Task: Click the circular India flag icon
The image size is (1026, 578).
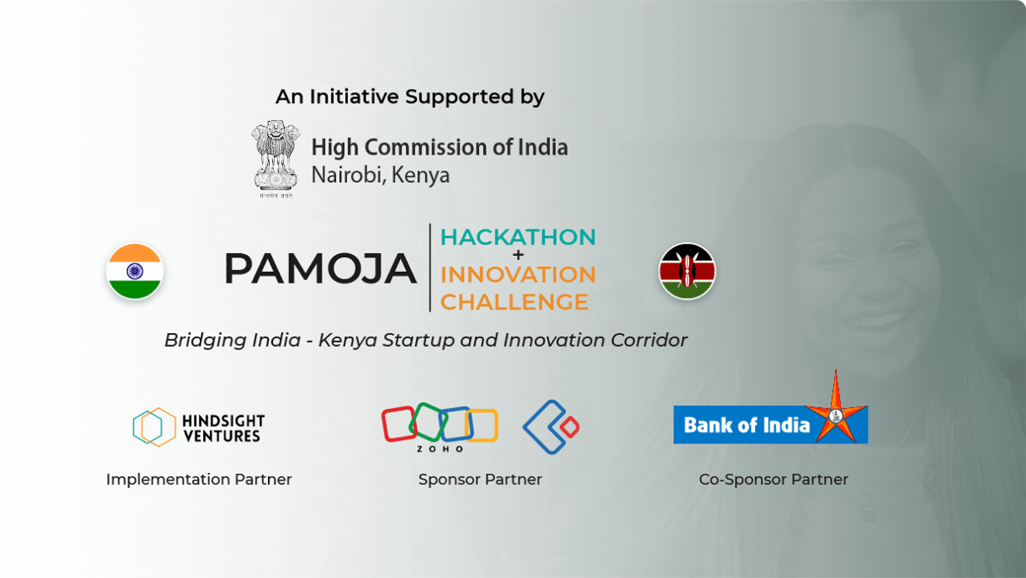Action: point(135,271)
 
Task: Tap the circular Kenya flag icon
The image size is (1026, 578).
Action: point(687,271)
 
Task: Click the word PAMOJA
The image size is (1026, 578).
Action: point(320,268)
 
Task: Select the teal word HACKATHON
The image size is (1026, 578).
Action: point(518,237)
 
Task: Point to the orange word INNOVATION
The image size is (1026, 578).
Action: point(518,275)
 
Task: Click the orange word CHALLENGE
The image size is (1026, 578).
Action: point(514,302)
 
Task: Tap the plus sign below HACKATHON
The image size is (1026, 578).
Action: point(518,255)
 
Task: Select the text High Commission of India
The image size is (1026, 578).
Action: point(439,148)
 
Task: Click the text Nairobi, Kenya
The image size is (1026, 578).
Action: point(380,175)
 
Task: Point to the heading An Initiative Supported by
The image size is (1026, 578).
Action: point(410,97)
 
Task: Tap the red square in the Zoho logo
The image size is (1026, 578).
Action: point(398,424)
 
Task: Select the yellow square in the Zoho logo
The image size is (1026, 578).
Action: point(482,425)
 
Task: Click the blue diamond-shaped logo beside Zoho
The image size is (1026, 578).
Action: point(551,427)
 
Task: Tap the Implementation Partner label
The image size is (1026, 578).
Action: point(199,480)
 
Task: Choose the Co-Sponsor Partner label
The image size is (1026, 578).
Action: point(773,480)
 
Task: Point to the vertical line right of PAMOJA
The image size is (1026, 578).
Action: point(430,267)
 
